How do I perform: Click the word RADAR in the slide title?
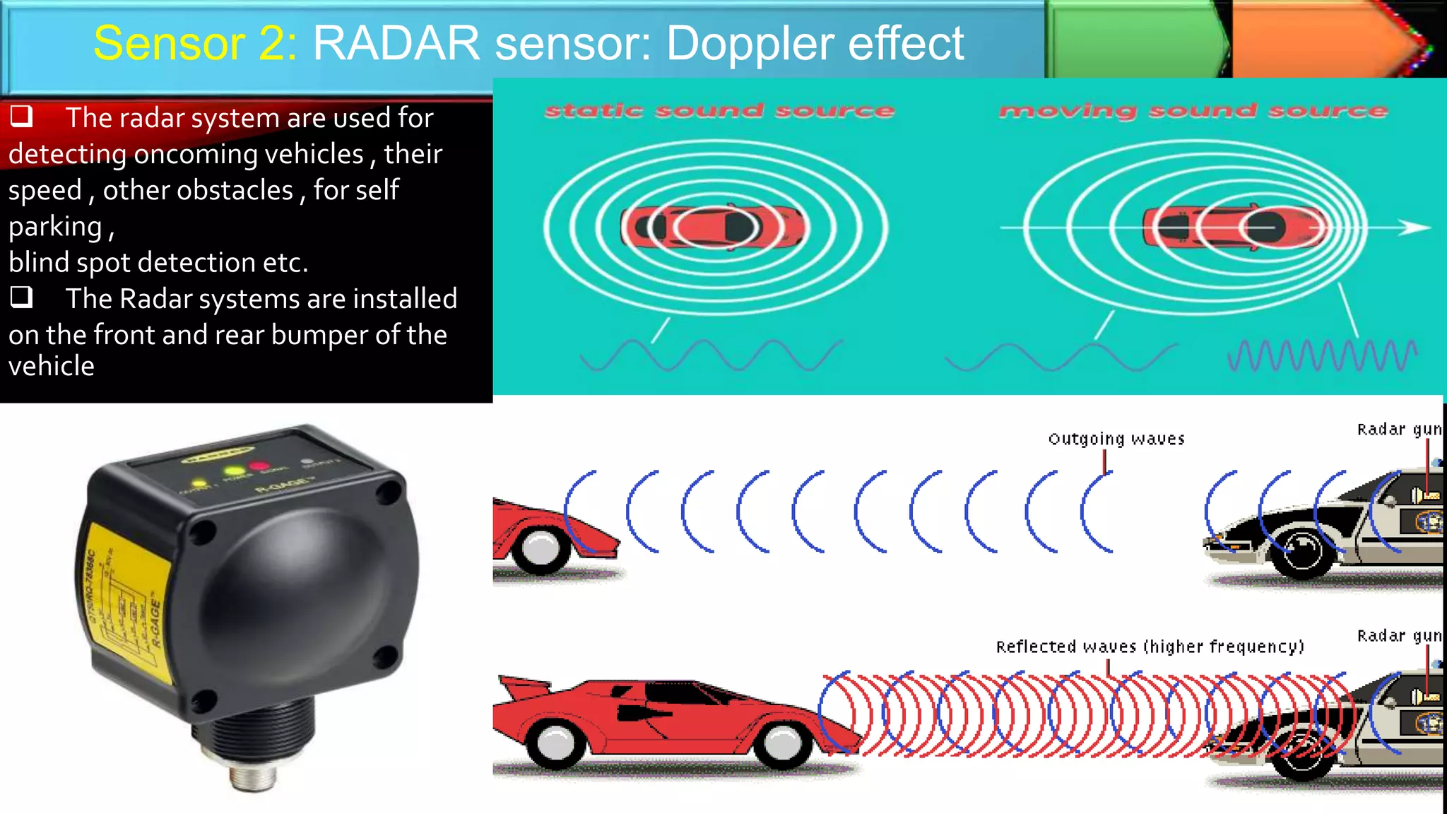tap(396, 44)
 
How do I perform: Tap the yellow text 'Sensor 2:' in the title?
tap(195, 44)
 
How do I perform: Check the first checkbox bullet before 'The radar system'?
tap(21, 116)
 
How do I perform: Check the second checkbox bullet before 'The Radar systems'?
tap(21, 297)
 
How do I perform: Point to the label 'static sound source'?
tap(719, 111)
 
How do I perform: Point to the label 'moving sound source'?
tap(1193, 111)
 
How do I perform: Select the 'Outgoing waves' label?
tap(1116, 440)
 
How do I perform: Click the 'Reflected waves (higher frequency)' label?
tap(1150, 647)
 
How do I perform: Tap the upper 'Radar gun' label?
tap(1399, 430)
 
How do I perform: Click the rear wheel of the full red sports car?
tap(556, 742)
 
